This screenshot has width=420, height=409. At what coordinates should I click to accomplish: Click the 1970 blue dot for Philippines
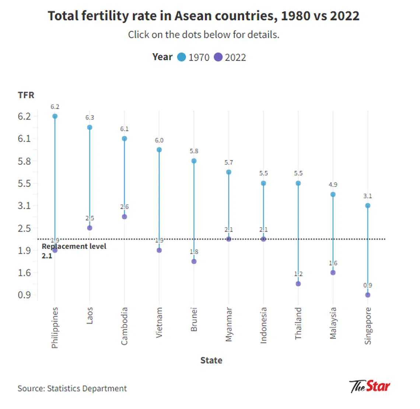coord(55,116)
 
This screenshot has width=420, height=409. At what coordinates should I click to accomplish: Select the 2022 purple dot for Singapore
coord(368,295)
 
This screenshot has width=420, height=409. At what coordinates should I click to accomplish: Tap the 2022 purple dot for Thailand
coord(298,284)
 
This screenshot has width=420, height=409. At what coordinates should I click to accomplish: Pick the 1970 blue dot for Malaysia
coord(333,194)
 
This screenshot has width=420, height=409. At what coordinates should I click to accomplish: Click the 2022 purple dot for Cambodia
coord(125,217)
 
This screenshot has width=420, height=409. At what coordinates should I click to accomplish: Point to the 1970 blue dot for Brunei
coord(194,161)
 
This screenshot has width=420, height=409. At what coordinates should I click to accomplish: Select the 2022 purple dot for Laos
coord(90,228)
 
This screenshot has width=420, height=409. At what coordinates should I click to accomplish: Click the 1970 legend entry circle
coord(182,57)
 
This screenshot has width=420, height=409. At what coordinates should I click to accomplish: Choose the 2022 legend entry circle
coord(218,57)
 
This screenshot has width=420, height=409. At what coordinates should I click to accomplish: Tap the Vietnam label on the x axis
coord(159,323)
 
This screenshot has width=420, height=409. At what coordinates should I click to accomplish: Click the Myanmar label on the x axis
coord(229,325)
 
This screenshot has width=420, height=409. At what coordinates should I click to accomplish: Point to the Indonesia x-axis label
coord(263,325)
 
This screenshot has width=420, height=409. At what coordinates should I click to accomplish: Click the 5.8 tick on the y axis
coord(24,161)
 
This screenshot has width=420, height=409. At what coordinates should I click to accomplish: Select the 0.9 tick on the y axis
coord(24,295)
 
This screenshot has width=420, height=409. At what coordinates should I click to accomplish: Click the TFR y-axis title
coord(26,95)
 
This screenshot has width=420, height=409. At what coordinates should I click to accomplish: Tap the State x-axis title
coord(211,360)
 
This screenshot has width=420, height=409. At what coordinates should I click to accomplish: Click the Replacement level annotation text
coord(74,247)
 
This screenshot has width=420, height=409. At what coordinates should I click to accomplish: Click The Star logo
coord(370,387)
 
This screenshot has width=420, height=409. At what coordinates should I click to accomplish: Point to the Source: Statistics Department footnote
coord(72,388)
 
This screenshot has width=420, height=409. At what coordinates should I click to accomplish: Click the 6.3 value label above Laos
coord(90,118)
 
